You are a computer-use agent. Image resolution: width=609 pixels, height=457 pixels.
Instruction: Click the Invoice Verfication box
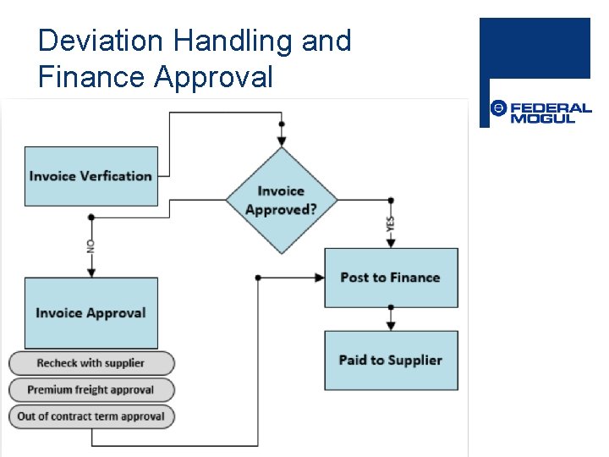tap(91, 176)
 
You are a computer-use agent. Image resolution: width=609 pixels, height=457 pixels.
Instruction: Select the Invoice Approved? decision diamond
tap(281, 201)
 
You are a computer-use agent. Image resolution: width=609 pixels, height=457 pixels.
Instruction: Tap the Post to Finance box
tap(391, 278)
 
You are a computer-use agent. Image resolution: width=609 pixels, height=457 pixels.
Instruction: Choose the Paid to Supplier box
tap(391, 361)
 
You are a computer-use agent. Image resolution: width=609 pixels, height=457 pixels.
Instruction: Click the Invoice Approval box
tap(91, 312)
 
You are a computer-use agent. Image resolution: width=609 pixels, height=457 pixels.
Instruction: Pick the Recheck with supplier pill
tap(91, 363)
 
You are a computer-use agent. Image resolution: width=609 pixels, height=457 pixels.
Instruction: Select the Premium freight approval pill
tap(91, 389)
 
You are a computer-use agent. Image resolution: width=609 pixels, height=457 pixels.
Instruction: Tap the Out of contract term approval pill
tap(91, 416)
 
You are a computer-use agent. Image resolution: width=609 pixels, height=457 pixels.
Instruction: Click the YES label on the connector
tap(391, 223)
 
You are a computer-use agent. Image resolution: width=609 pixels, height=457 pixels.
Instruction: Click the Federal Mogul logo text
tap(551, 113)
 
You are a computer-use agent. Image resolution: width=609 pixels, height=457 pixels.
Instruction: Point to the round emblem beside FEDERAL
tap(498, 108)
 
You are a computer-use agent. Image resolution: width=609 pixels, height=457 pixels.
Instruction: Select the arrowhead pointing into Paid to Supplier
tap(391, 326)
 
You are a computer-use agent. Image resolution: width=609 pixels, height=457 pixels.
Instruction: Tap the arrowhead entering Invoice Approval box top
tap(91, 273)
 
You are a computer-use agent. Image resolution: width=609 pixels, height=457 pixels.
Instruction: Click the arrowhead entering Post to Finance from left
tap(320, 277)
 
